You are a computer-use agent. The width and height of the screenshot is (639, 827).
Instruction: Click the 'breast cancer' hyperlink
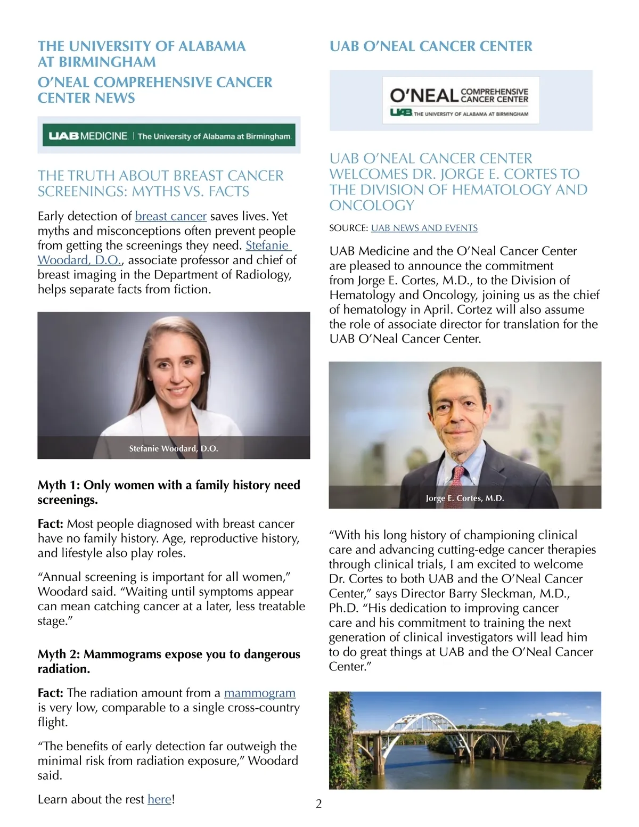pyautogui.click(x=170, y=216)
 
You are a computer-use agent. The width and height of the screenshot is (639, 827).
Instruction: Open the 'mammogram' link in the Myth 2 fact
pyautogui.click(x=259, y=693)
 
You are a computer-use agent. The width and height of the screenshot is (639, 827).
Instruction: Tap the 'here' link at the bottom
pyautogui.click(x=159, y=799)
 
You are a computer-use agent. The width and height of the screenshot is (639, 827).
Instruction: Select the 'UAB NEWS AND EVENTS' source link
pyautogui.click(x=424, y=228)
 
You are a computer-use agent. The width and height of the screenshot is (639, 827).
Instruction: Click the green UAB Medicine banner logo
pyautogui.click(x=169, y=136)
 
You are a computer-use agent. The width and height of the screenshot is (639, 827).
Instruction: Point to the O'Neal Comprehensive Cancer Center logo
pyautogui.click(x=460, y=101)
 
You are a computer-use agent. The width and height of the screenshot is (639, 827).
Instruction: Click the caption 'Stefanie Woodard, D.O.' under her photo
pyautogui.click(x=174, y=448)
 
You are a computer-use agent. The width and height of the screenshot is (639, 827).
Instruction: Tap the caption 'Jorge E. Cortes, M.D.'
pyautogui.click(x=465, y=498)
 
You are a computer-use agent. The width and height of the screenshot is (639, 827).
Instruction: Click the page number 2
pyautogui.click(x=319, y=804)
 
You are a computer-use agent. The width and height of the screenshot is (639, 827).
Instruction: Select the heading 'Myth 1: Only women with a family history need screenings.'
pyautogui.click(x=169, y=492)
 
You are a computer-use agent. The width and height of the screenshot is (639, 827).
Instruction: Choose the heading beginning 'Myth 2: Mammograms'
pyautogui.click(x=169, y=661)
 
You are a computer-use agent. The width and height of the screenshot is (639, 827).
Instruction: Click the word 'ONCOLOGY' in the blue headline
pyautogui.click(x=372, y=206)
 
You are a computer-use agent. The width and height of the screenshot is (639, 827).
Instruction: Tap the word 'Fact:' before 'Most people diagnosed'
pyautogui.click(x=51, y=524)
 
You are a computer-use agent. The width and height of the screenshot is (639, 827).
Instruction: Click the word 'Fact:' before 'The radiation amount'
pyautogui.click(x=51, y=693)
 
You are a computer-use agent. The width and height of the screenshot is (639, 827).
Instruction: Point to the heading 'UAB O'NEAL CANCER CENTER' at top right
pyautogui.click(x=431, y=46)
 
